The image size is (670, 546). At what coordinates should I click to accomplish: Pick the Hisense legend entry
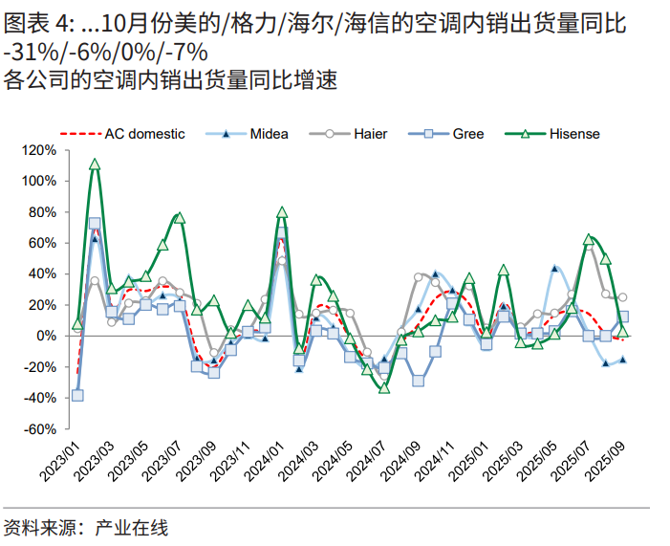click(x=573, y=134)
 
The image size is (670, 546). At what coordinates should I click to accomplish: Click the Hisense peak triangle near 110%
click(x=95, y=164)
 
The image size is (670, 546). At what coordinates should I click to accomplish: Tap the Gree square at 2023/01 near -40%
click(x=77, y=395)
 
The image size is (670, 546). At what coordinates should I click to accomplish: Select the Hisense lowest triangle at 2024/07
click(x=384, y=387)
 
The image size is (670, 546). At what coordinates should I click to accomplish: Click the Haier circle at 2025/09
click(x=622, y=297)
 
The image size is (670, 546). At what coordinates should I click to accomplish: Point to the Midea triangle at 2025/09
click(x=622, y=360)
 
